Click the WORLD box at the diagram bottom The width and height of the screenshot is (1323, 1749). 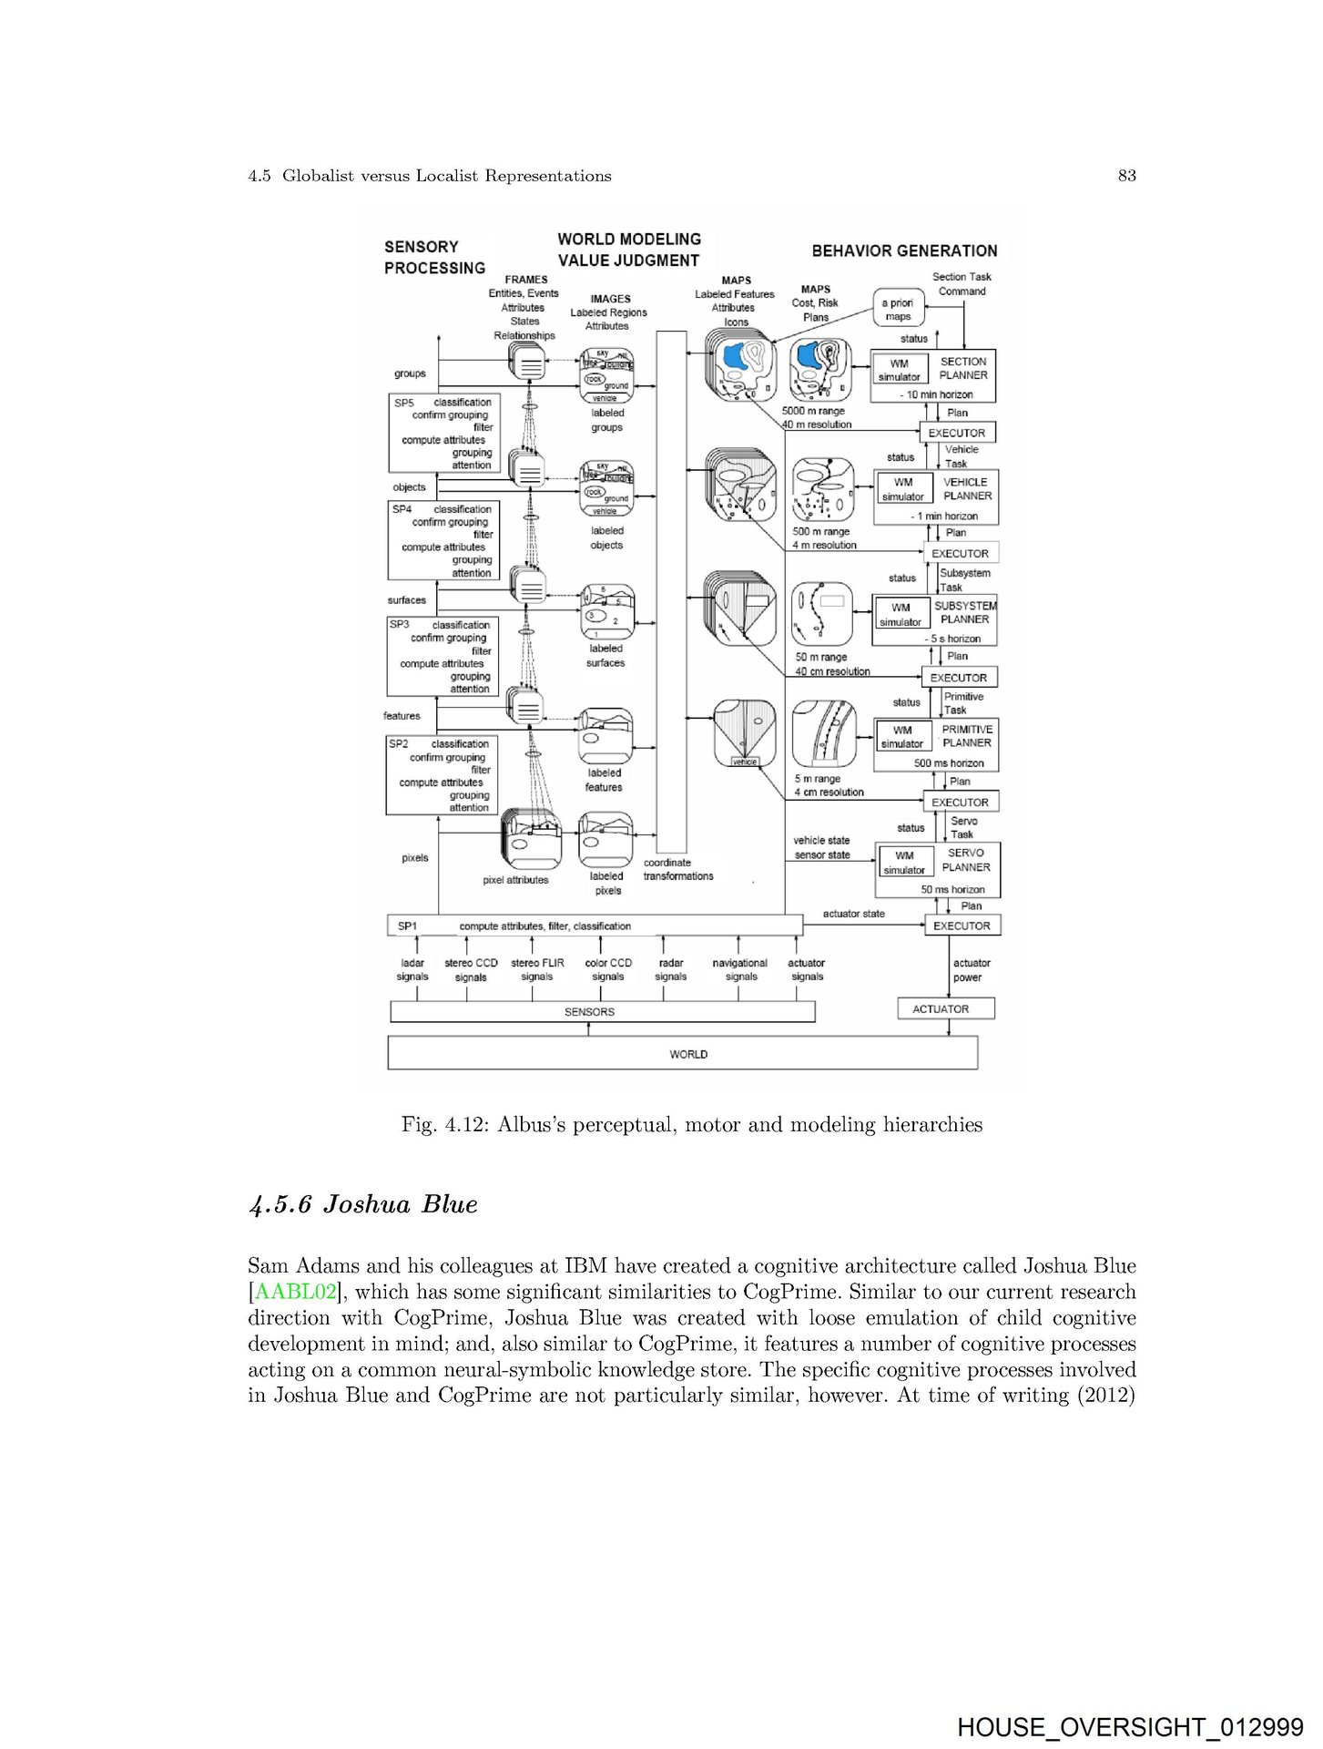tap(687, 1054)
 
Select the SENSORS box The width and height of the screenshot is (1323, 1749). tap(589, 1012)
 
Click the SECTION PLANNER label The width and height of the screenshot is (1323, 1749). tap(962, 368)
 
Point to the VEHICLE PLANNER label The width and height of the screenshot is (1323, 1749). tap(966, 489)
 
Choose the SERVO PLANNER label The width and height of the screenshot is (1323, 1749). tap(966, 860)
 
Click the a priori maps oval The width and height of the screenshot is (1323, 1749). tap(898, 310)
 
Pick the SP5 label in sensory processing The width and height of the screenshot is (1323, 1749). tap(403, 402)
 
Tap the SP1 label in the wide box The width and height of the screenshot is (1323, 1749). tap(407, 926)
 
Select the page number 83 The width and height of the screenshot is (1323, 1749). tap(1126, 176)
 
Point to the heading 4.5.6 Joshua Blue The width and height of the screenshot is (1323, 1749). tap(362, 1204)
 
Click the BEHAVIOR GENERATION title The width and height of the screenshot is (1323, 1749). tap(904, 251)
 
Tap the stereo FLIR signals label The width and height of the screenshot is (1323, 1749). tap(537, 969)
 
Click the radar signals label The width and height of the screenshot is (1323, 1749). tap(671, 969)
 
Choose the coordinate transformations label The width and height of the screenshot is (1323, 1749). tap(677, 869)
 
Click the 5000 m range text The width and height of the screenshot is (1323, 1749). tap(813, 411)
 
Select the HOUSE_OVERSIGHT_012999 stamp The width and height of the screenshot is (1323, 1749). tap(1129, 1726)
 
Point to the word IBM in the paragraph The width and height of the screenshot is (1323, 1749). tap(580, 1266)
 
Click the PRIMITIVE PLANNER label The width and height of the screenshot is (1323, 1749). tap(966, 736)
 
